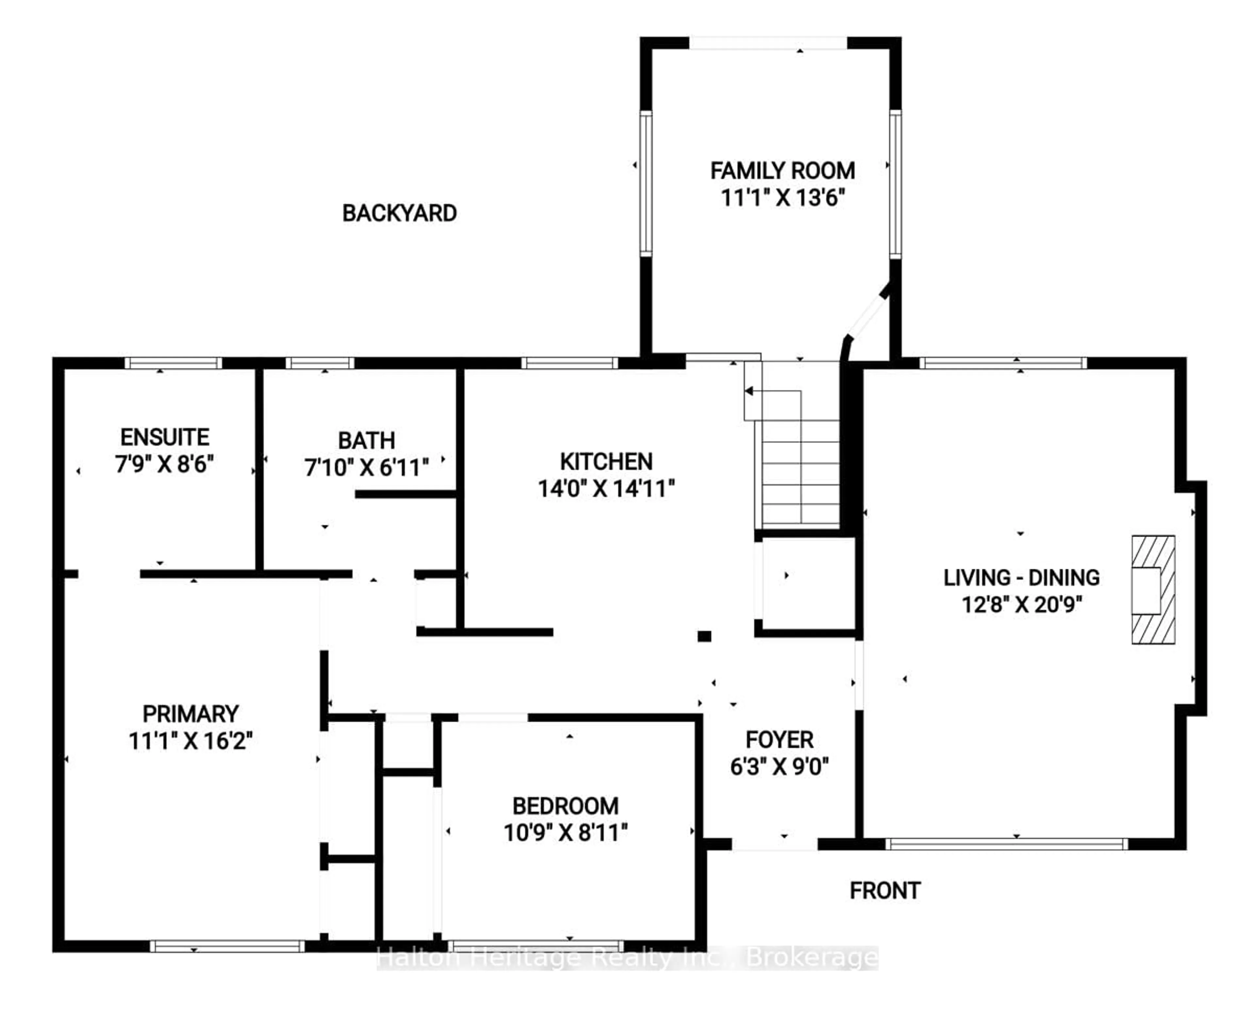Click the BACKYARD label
pyautogui.click(x=399, y=213)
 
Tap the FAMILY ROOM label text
pyautogui.click(x=782, y=171)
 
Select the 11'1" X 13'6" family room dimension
pyautogui.click(x=783, y=197)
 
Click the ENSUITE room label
pyautogui.click(x=165, y=437)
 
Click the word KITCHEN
pyautogui.click(x=606, y=461)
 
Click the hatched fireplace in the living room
pyautogui.click(x=1153, y=589)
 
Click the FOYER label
pyautogui.click(x=779, y=740)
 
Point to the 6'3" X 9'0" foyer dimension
pyautogui.click(x=779, y=767)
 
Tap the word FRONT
pyautogui.click(x=885, y=890)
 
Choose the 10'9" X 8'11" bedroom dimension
pyautogui.click(x=566, y=833)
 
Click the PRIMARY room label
pyautogui.click(x=191, y=713)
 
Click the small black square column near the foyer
pyautogui.click(x=704, y=636)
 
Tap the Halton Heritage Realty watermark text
pyautogui.click(x=627, y=958)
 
